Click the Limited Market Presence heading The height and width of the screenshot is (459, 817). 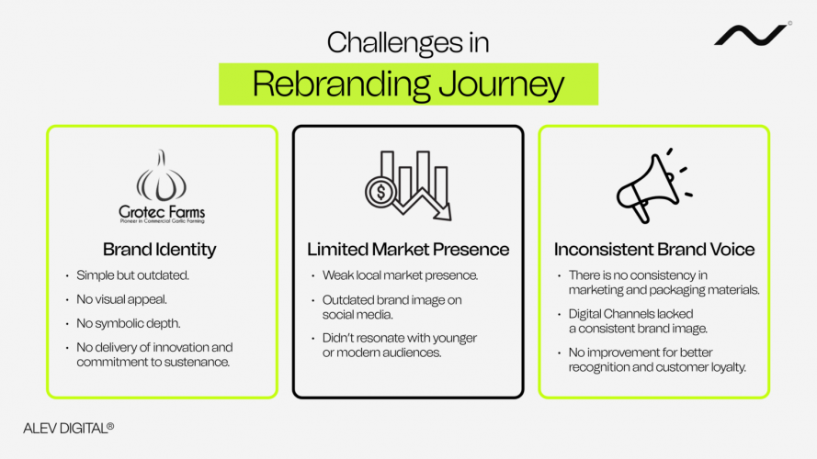(x=408, y=249)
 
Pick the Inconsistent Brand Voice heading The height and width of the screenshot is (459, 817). (x=653, y=249)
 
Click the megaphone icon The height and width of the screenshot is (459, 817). (x=652, y=187)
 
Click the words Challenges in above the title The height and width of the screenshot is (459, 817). (x=408, y=42)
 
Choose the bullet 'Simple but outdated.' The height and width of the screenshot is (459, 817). (x=132, y=275)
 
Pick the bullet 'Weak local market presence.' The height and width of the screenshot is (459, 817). (x=399, y=275)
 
